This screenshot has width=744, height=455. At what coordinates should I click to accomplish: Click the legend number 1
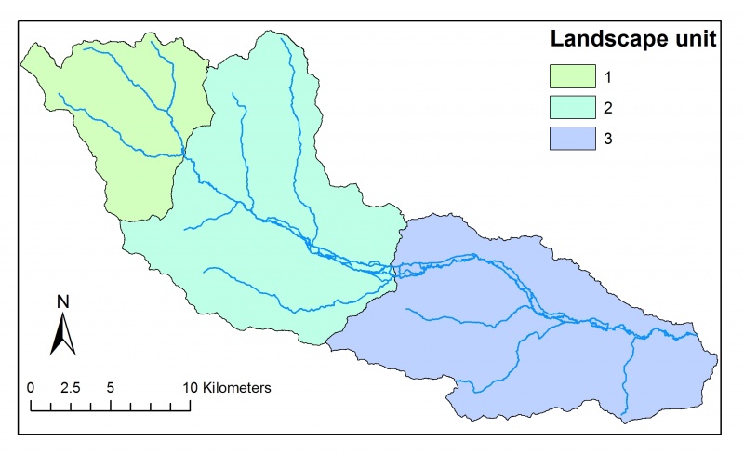tap(607, 74)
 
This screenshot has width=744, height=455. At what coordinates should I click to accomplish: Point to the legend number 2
tap(607, 106)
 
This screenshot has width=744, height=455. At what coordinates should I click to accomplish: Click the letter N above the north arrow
tap(63, 301)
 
